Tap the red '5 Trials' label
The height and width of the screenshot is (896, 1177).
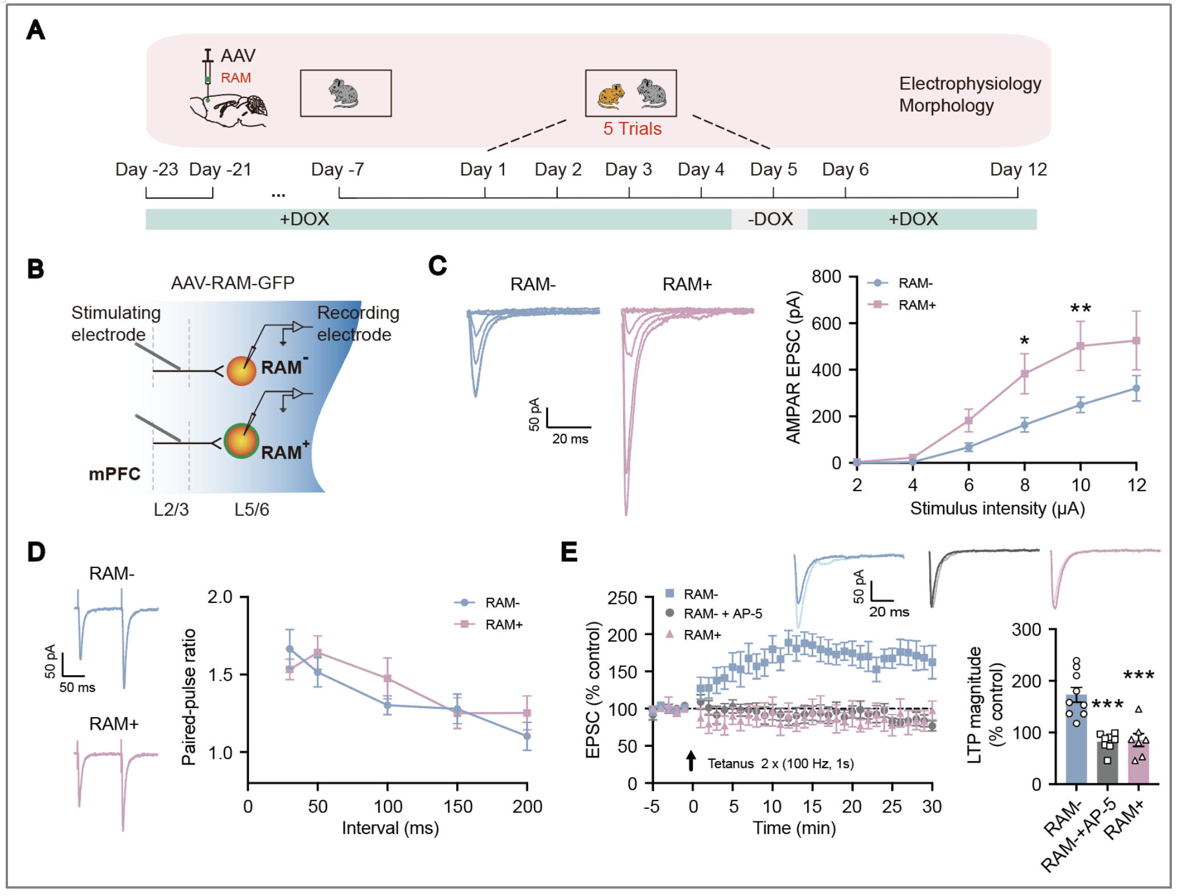pos(632,129)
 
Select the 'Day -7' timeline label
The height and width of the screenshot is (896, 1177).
pos(337,170)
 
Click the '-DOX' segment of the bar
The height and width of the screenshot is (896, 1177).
pos(770,219)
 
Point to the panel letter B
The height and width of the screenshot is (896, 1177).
pos(36,269)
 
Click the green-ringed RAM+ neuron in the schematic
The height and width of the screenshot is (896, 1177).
pos(242,441)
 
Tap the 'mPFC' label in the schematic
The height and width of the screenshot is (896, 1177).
pos(115,474)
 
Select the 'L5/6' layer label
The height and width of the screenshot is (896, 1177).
pos(251,509)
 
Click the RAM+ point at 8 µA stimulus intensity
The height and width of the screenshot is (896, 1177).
pos(1024,374)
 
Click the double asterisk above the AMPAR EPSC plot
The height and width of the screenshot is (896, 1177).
pos(1080,309)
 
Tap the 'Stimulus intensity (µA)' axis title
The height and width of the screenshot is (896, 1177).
pos(997,508)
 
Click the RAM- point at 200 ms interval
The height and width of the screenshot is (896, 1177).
pos(527,736)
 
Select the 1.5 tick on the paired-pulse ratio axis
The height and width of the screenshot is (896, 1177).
pos(220,675)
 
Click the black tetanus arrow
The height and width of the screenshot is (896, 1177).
pos(691,761)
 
